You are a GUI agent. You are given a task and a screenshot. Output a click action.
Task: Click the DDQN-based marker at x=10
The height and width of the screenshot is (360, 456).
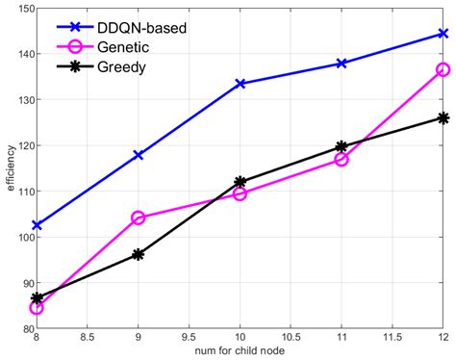click(x=240, y=84)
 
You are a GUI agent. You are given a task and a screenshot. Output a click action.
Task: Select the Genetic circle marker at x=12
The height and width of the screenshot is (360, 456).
click(x=443, y=69)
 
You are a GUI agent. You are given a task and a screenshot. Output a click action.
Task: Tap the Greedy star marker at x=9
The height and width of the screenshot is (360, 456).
click(x=138, y=254)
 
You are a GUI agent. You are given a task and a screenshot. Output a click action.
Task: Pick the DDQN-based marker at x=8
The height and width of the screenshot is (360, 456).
click(x=37, y=225)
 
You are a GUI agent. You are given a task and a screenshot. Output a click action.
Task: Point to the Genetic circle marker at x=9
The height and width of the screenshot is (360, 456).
click(x=138, y=218)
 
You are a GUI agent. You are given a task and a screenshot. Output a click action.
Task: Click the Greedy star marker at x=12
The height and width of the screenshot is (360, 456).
click(x=443, y=117)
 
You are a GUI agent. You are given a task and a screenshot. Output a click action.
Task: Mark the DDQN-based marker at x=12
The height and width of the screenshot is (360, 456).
click(x=443, y=34)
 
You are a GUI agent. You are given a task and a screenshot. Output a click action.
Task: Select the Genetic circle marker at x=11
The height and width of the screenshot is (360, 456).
click(x=342, y=159)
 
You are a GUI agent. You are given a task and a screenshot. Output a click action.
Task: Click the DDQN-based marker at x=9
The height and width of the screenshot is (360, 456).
click(x=138, y=155)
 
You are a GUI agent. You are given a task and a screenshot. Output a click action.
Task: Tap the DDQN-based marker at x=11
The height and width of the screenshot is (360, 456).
click(x=342, y=64)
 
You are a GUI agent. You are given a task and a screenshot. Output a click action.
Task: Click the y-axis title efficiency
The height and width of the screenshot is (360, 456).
click(x=10, y=169)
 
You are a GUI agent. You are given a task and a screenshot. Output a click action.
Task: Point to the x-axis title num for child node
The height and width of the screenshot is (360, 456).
click(x=240, y=351)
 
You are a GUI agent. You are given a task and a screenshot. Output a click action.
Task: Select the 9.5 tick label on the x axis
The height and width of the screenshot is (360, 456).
click(x=189, y=338)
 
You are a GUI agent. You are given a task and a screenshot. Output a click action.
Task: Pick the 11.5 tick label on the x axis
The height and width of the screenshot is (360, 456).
click(x=392, y=338)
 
